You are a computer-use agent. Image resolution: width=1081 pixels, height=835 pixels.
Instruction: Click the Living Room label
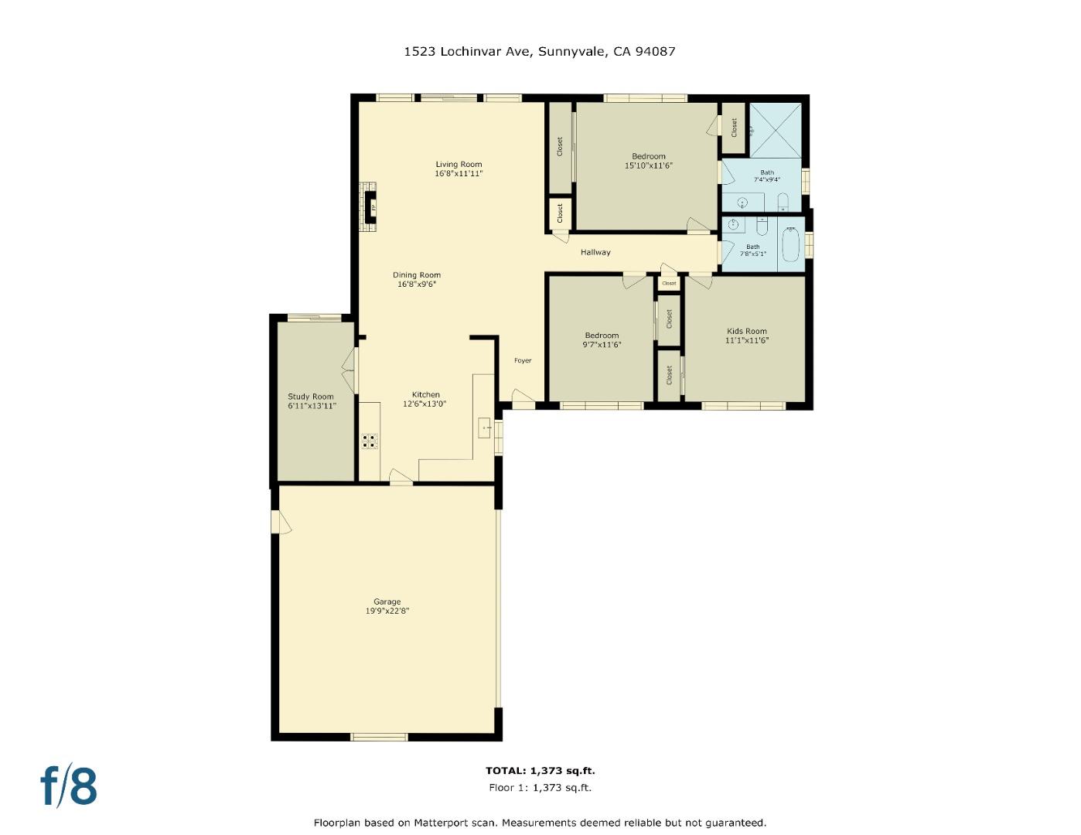pos(459,164)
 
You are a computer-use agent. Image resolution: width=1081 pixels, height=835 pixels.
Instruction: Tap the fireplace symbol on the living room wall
pos(371,207)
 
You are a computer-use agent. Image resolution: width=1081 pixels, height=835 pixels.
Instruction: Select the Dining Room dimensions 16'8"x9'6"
pos(417,285)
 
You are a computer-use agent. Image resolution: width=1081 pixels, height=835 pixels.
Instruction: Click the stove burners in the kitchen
pos(370,441)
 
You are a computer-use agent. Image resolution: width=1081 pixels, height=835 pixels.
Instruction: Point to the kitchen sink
pos(485,427)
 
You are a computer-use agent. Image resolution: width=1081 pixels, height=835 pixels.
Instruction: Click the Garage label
pos(387,602)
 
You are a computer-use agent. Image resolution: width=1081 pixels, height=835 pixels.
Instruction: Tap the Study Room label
pos(311,397)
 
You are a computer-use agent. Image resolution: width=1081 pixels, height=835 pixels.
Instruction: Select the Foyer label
pos(523,360)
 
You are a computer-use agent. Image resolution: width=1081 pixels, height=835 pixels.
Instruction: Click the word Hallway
pos(595,252)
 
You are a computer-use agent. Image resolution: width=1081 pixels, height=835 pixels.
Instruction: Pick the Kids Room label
pos(746,331)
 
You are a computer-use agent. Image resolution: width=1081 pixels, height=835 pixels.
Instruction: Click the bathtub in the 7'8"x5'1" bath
pos(790,244)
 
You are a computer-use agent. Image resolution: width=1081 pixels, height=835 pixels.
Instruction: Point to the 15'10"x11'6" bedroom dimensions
pos(648,165)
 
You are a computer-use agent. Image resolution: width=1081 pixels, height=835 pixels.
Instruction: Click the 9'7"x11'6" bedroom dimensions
pos(602,345)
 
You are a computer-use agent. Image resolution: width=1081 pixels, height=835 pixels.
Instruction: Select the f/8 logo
pos(69,786)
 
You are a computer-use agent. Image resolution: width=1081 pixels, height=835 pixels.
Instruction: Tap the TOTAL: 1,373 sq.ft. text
pos(540,770)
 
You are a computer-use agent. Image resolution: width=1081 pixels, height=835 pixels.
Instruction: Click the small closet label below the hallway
pos(669,284)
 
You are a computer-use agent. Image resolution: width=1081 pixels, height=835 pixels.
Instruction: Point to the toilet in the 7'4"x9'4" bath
pos(782,203)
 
